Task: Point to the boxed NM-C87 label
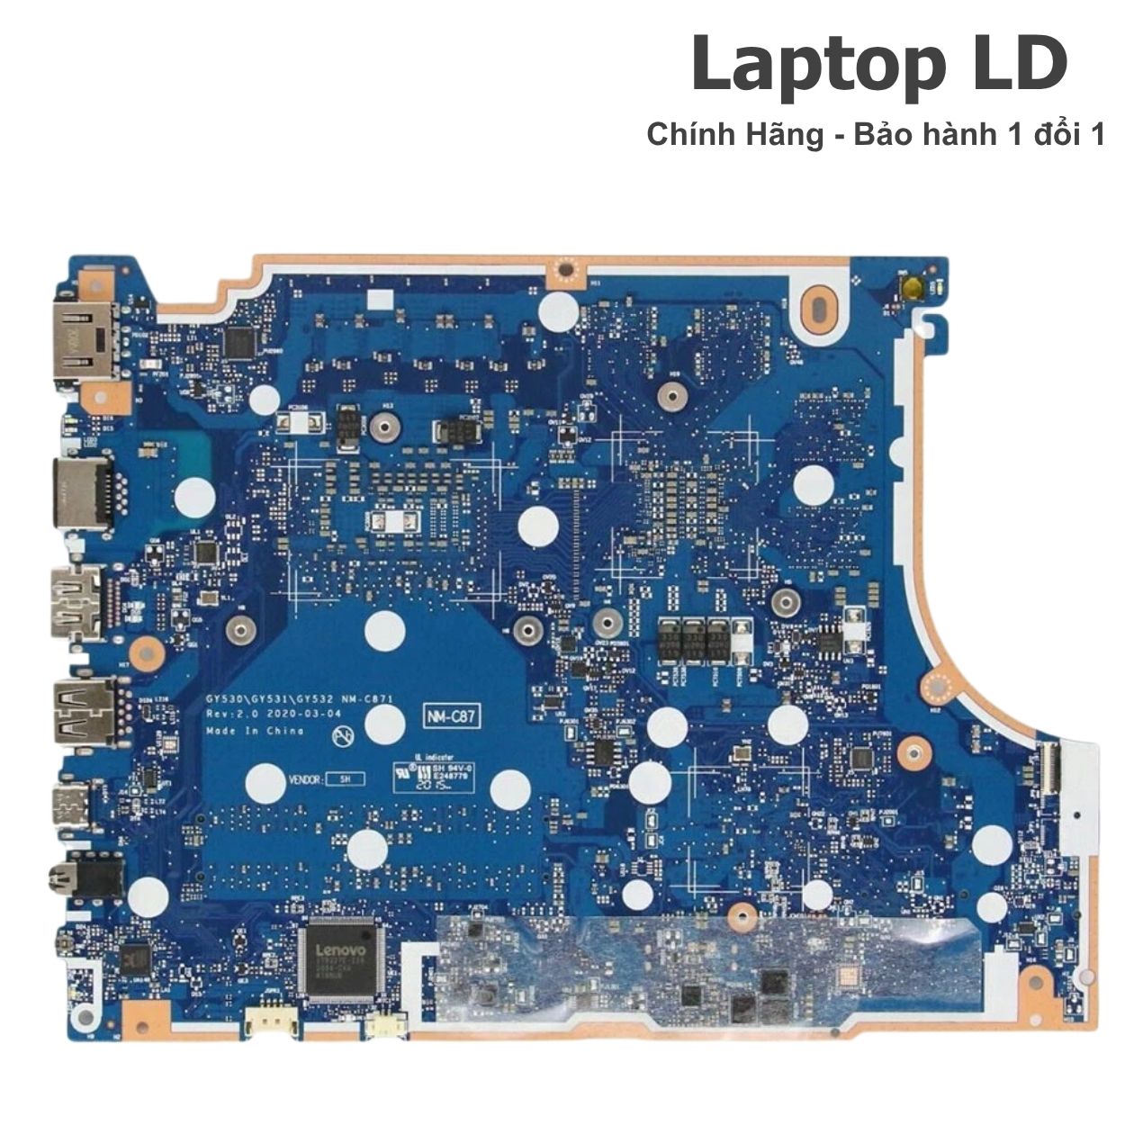click(x=453, y=716)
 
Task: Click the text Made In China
click(x=255, y=731)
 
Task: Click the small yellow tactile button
click(x=913, y=289)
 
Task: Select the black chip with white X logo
click(x=135, y=958)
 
